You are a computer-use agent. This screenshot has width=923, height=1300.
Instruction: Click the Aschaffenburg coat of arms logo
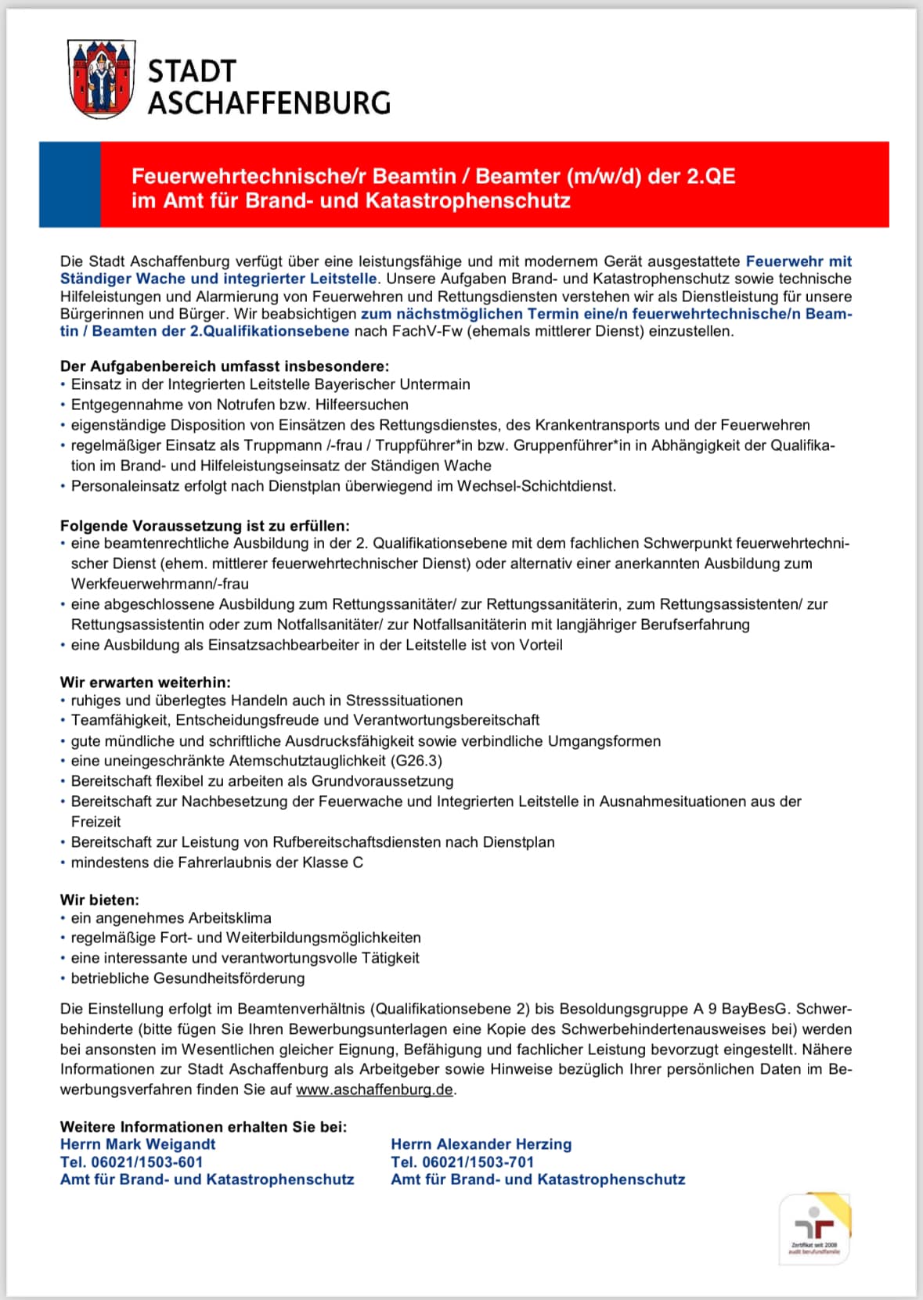pos(103,79)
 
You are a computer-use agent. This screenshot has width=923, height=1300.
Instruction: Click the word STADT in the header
pos(192,71)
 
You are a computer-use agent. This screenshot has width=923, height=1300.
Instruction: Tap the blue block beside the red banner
pos(70,185)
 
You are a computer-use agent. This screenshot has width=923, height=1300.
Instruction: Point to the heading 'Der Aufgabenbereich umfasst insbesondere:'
pos(225,366)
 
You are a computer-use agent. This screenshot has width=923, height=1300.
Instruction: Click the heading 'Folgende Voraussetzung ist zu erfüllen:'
pos(205,525)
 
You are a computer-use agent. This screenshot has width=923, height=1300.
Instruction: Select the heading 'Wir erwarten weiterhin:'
pos(146,682)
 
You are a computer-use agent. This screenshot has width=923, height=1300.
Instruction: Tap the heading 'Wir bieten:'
pos(99,900)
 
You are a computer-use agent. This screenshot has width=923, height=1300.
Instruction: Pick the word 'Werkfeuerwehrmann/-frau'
pos(160,584)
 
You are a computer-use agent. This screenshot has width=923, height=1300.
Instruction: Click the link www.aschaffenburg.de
pos(374,1089)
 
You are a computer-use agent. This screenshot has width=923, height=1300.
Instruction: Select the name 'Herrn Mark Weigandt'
pos(138,1144)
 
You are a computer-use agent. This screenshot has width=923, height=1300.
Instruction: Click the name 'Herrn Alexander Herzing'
pos(481,1144)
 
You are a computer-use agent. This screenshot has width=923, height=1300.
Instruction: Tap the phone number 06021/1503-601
pos(147,1162)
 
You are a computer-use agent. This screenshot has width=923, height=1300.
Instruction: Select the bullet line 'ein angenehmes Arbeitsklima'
pos(171,918)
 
